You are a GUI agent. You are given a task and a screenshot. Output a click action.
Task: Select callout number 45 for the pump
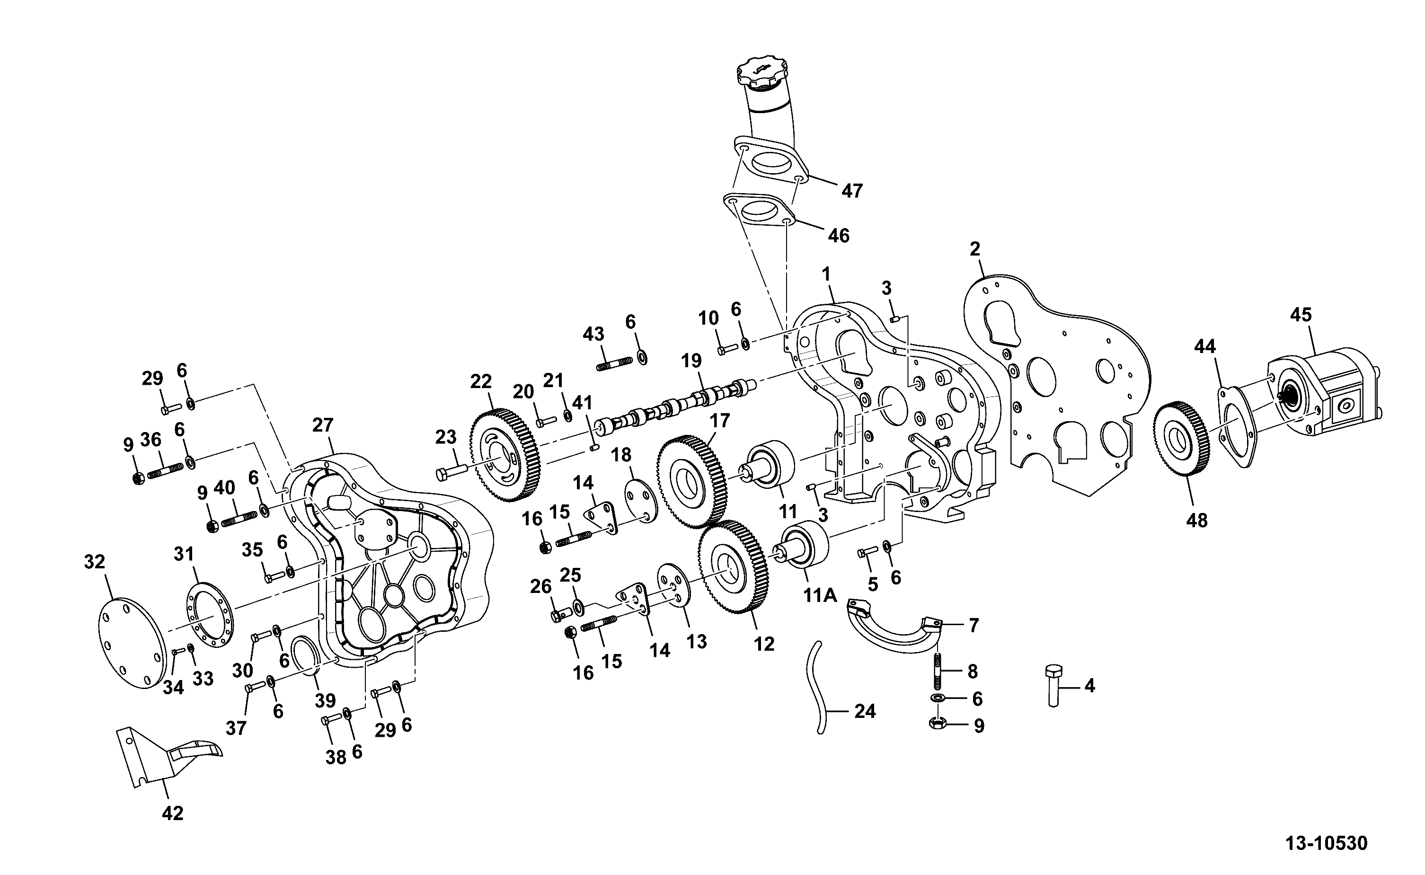1301,315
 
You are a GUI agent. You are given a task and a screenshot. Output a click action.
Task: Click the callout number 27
322,425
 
